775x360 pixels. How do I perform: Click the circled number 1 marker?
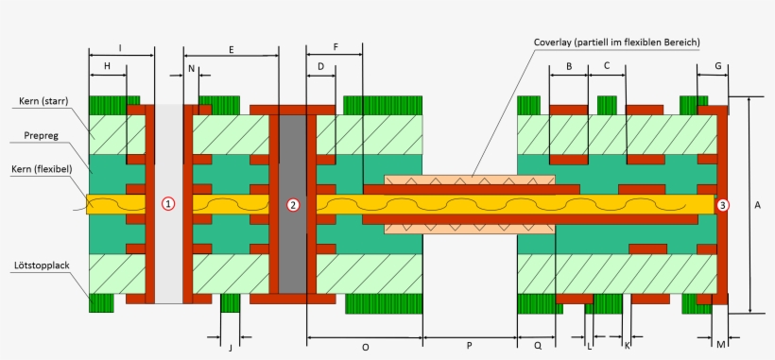pos(168,204)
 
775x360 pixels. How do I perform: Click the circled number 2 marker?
pos(293,204)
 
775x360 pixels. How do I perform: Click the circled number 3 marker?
pos(722,204)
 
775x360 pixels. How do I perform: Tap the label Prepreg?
pos(42,136)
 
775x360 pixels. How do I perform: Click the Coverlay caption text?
pos(615,43)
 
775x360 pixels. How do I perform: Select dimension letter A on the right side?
pos(758,204)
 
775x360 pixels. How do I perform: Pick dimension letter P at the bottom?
pos(470,347)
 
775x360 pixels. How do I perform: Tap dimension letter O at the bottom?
pos(366,347)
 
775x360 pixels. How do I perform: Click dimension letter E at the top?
pos(231,47)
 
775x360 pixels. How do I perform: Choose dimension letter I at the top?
pos(120,47)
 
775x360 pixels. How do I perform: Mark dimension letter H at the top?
pos(107,66)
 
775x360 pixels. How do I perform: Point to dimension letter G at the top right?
pos(718,66)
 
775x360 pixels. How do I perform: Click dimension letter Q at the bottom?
pos(537,347)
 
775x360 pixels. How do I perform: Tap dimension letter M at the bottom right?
pos(720,345)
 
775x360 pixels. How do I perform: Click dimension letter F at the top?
pos(336,47)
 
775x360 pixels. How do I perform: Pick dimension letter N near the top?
pos(191,68)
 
